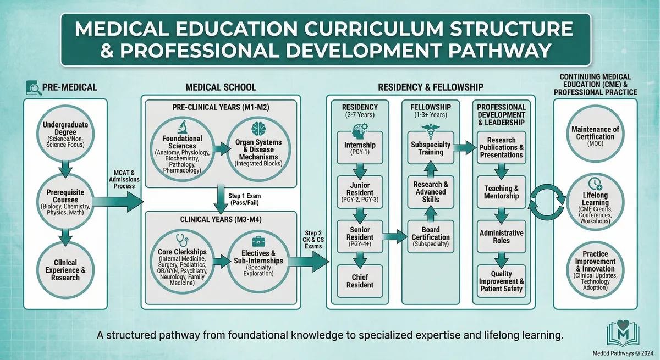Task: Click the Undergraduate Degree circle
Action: click(x=65, y=134)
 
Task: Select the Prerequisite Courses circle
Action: click(x=65, y=202)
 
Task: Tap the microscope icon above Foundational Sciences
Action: click(x=183, y=127)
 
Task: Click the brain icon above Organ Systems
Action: click(x=258, y=129)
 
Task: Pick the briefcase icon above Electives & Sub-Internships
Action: click(x=258, y=242)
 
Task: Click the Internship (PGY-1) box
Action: click(x=360, y=148)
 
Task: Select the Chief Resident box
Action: click(x=360, y=281)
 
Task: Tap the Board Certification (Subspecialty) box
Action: click(x=431, y=237)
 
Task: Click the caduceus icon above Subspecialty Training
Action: click(x=431, y=131)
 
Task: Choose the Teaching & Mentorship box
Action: click(x=501, y=192)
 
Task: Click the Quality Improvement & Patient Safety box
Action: click(x=501, y=281)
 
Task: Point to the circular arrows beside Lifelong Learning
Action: click(x=547, y=202)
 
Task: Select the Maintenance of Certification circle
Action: click(x=595, y=134)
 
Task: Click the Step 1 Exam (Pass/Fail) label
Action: click(x=245, y=200)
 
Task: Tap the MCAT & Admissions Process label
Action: click(x=124, y=179)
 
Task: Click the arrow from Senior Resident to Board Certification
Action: click(x=395, y=237)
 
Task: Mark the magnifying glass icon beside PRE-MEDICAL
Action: click(x=34, y=88)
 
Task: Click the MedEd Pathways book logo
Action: click(x=623, y=333)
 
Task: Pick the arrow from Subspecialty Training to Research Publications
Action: click(x=465, y=147)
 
